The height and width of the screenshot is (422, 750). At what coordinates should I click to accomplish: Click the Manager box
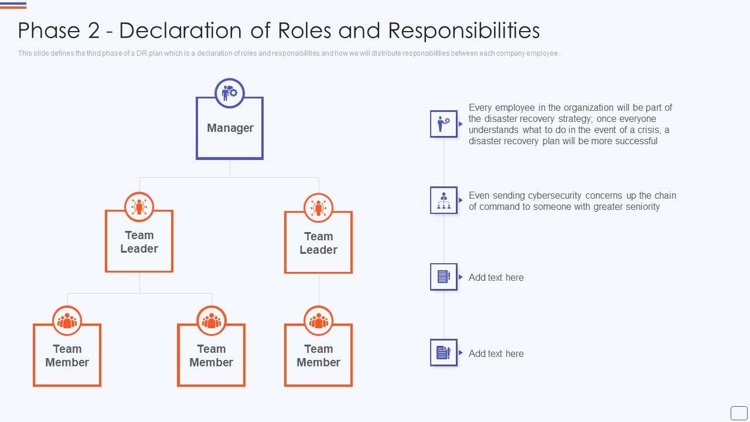[x=230, y=128]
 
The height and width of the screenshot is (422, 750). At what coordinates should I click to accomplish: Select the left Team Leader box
[x=139, y=241]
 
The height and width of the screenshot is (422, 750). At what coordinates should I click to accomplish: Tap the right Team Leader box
[x=318, y=243]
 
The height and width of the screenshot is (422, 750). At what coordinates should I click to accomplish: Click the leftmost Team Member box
[x=67, y=355]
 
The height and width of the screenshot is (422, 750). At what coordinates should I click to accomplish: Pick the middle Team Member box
[x=211, y=355]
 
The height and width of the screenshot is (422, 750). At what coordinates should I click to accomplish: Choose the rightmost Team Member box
[x=318, y=355]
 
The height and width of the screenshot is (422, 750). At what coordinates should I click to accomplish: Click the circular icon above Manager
[x=230, y=93]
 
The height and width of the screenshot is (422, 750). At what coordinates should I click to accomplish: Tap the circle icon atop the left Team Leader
[x=139, y=207]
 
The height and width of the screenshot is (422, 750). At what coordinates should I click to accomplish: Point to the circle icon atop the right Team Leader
[x=318, y=208]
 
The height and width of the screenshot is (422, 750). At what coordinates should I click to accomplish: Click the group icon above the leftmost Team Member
[x=67, y=321]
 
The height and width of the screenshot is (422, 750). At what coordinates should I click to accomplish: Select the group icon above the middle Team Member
[x=211, y=321]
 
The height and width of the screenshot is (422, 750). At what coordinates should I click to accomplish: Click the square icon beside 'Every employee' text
[x=444, y=124]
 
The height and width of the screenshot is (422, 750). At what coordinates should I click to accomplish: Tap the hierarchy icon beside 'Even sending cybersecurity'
[x=444, y=200]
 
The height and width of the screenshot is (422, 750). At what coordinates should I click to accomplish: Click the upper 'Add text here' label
[x=496, y=277]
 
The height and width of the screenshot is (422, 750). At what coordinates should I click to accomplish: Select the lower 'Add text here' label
[x=496, y=353]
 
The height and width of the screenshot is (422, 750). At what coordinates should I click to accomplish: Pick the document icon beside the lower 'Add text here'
[x=444, y=352]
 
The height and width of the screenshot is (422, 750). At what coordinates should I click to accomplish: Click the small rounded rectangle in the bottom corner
[x=739, y=413]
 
